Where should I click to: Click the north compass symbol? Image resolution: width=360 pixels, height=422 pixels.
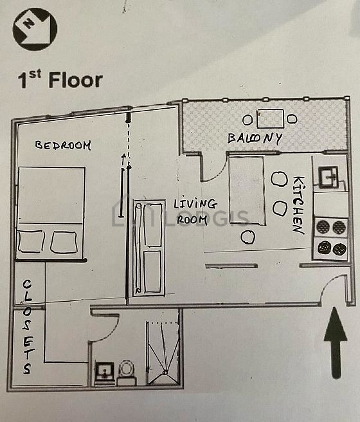pos(35,29)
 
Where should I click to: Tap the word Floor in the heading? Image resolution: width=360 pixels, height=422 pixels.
pos(76,80)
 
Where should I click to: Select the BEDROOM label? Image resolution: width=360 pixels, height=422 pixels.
pos(63,145)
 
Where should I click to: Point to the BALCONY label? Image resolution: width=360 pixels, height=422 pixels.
pos(255,138)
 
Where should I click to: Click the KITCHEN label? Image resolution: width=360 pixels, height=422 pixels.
pos(298,205)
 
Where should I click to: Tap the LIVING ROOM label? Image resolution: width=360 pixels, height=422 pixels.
pos(195,212)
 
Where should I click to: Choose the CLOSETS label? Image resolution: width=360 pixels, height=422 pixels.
pos(27,327)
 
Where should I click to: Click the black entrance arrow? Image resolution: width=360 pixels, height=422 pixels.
pos(336,343)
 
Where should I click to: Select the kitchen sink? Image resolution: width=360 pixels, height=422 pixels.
pos(328,176)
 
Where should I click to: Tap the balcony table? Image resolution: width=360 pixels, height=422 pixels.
pos(270,118)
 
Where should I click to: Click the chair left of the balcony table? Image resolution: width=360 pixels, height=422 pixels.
pos(248,120)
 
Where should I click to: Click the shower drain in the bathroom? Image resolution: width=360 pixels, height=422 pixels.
pos(165,372)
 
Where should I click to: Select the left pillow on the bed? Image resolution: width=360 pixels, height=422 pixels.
pos(32,241)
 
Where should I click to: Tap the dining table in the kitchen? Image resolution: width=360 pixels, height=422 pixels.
pos(248,190)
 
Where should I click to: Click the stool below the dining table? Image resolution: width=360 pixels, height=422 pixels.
pos(248,237)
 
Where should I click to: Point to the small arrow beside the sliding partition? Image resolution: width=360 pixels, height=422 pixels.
pos(123,159)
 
